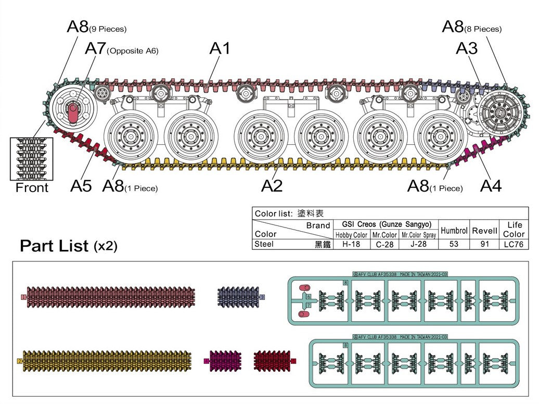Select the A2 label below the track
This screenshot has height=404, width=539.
pyautogui.click(x=272, y=186)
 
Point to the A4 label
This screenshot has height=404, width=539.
pyautogui.click(x=491, y=186)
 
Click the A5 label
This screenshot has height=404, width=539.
pyautogui.click(x=81, y=186)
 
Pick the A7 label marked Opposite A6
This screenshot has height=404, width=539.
pyautogui.click(x=95, y=49)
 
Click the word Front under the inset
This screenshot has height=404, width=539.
pyautogui.click(x=32, y=188)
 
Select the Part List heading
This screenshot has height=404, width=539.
pyautogui.click(x=54, y=246)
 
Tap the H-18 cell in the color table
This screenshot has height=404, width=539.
pyautogui.click(x=351, y=244)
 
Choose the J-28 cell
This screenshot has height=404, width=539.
pyautogui.click(x=418, y=244)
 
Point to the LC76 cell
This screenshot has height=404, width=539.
pyautogui.click(x=514, y=244)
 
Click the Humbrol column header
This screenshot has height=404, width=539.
pyautogui.click(x=454, y=230)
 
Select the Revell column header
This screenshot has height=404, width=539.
pyautogui.click(x=484, y=230)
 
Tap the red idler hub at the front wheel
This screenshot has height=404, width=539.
pyautogui.click(x=73, y=112)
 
